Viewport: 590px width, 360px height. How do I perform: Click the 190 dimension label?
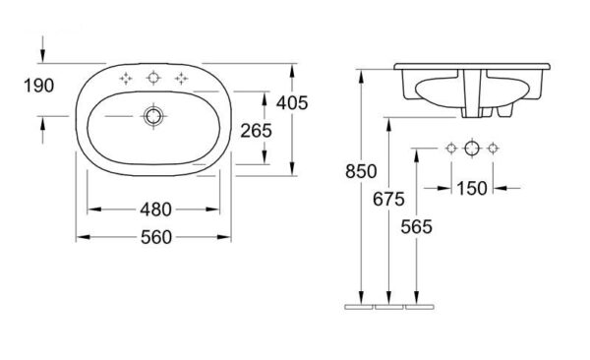38,86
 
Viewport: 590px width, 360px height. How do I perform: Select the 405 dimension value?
292,103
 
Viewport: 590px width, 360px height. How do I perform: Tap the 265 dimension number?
256,131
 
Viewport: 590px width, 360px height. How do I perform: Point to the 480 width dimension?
155,210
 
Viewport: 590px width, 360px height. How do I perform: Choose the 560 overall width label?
156,237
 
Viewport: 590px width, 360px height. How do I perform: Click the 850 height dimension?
361,172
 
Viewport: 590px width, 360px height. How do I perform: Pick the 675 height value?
388,200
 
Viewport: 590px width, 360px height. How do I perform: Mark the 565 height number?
417,227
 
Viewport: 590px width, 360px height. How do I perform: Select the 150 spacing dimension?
472,188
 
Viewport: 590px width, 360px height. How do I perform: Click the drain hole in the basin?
153,116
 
